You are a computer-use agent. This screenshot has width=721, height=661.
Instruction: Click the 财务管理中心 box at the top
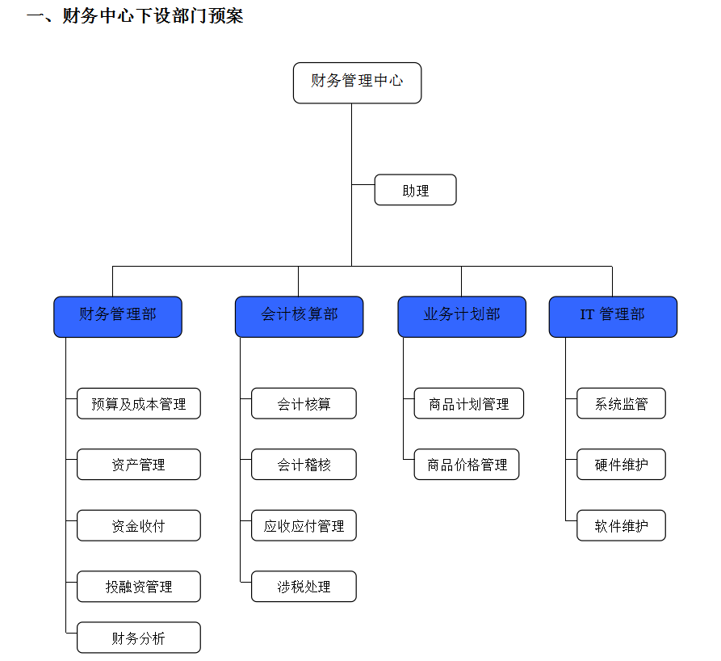357,82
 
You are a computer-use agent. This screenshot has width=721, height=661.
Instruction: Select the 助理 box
415,190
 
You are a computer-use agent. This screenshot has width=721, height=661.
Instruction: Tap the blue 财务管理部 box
118,316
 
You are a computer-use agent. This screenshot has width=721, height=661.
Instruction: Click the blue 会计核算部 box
299,316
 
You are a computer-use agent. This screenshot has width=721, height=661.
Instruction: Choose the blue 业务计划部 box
462,316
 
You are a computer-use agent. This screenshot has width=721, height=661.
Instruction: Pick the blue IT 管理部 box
613,316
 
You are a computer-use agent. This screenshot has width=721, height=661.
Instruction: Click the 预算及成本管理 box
139,403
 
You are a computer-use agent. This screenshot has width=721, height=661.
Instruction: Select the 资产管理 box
139,465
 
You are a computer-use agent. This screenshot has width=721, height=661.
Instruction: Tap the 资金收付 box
139,525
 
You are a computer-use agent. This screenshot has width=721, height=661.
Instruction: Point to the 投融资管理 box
139,587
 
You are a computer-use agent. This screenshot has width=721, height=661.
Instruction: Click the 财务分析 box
139,638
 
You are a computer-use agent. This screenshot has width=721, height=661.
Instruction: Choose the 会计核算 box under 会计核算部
304,403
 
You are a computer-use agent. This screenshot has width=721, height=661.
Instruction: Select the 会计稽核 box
304,465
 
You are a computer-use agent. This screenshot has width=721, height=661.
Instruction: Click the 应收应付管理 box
304,525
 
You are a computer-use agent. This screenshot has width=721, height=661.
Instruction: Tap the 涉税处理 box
304,587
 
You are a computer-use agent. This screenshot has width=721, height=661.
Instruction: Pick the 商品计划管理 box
468,403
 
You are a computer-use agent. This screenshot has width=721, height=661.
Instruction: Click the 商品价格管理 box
467,465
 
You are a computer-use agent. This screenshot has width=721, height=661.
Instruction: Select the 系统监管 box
621,403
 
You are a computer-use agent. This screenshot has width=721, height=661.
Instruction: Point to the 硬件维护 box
621,465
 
